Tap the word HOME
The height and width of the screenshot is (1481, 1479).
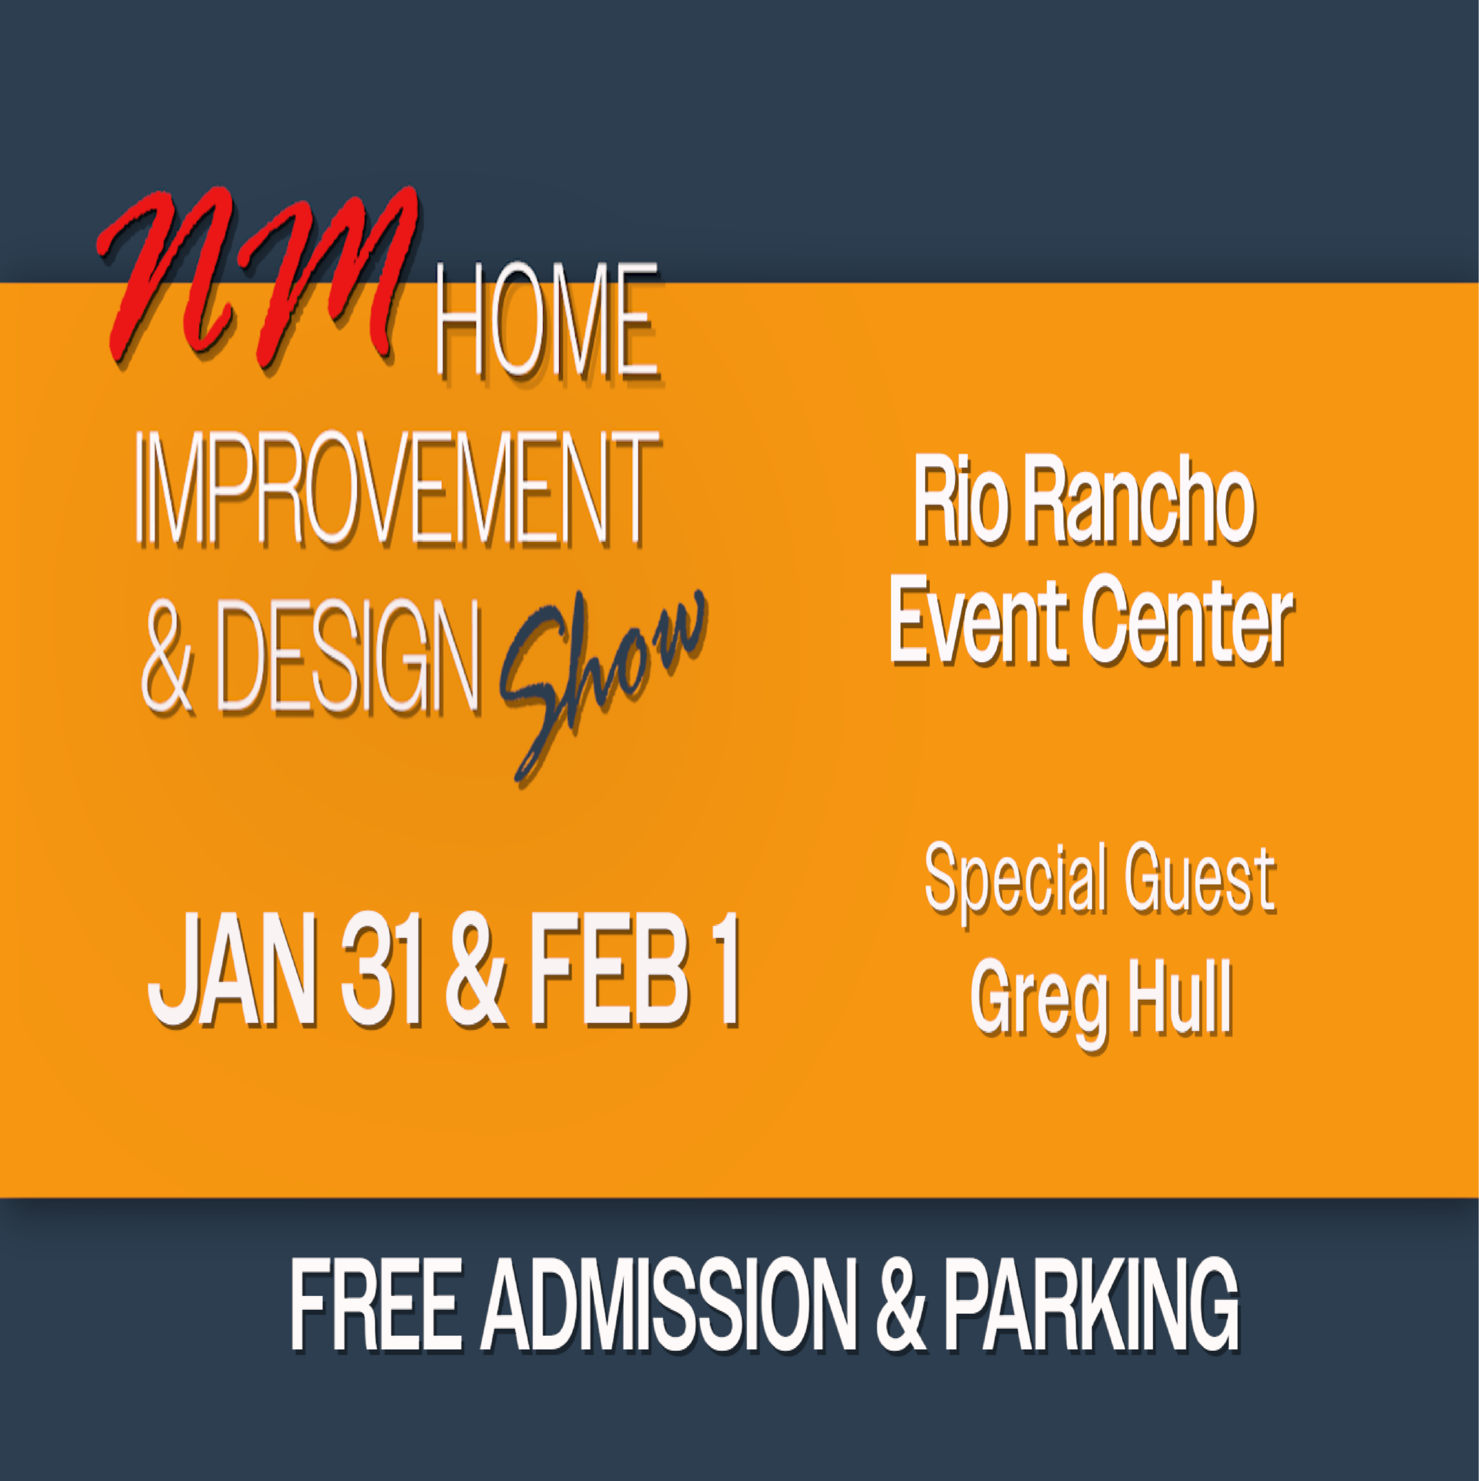click(x=547, y=322)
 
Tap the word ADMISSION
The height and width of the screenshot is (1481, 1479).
click(x=669, y=1305)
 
